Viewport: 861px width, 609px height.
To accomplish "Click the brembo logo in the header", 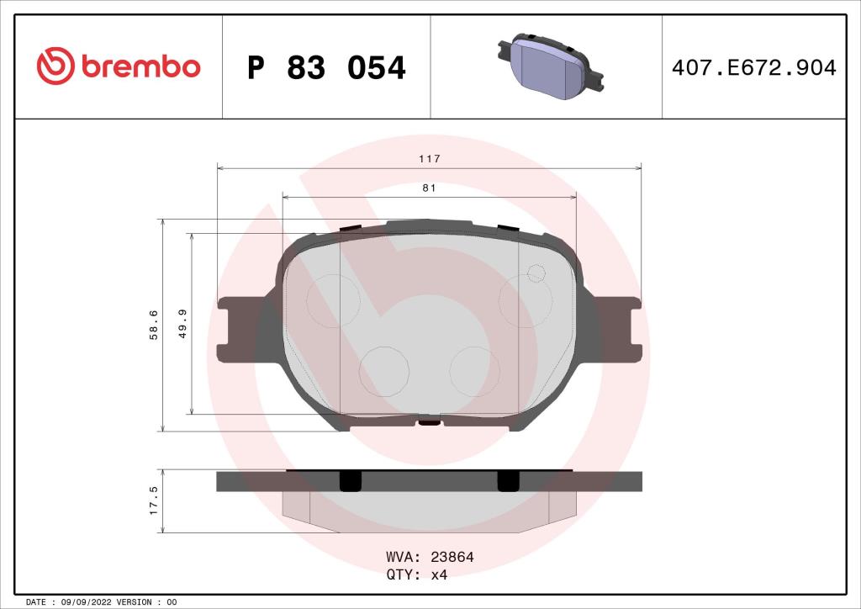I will click(118, 66).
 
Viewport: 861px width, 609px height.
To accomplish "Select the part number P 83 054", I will click(326, 67).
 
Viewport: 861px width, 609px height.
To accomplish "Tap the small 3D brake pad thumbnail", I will click(547, 66).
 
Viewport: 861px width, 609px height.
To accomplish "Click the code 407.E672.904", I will click(754, 67).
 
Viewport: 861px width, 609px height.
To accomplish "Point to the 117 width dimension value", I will click(430, 158).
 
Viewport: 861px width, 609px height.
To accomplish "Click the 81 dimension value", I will click(429, 188).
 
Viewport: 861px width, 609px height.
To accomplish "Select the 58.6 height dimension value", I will click(152, 325).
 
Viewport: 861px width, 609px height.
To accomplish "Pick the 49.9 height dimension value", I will click(182, 324).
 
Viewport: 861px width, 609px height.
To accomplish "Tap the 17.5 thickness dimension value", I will click(152, 500).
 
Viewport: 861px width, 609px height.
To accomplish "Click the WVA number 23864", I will click(452, 557).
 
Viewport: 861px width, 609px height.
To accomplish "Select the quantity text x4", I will click(439, 575).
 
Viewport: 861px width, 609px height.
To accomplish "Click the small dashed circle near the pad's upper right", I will click(536, 272).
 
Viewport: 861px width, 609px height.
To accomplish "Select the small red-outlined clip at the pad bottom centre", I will click(429, 422).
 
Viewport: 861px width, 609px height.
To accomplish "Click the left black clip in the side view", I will click(349, 480).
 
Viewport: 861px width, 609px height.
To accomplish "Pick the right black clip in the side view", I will click(508, 480).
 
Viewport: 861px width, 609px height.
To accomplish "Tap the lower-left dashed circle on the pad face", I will click(384, 371).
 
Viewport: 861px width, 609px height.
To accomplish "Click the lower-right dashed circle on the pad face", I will click(474, 371).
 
